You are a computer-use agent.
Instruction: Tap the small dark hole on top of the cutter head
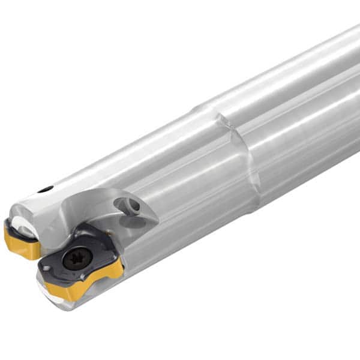click(x=46, y=190)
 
